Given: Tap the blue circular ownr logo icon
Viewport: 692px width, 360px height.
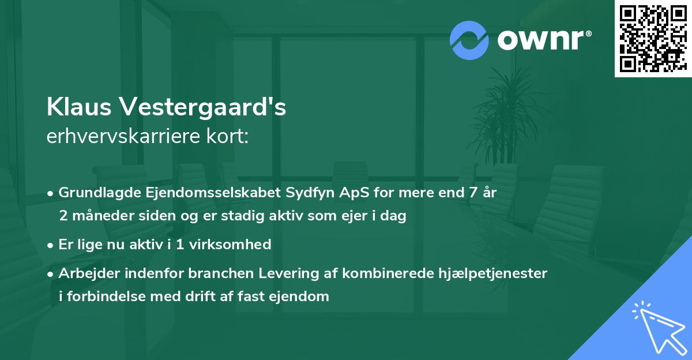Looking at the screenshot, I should click(x=469, y=40).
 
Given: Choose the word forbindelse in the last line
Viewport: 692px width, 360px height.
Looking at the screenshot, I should click(x=103, y=297).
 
